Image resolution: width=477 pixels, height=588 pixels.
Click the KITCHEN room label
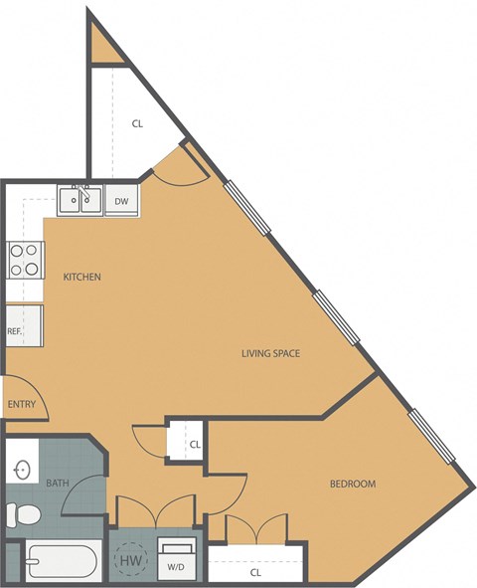(x=81, y=277)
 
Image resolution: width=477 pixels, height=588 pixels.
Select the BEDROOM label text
(x=353, y=484)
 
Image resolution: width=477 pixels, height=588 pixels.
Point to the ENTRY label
(x=22, y=405)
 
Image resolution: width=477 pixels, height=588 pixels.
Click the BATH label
(x=57, y=484)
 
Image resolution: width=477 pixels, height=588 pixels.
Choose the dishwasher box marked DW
(x=121, y=201)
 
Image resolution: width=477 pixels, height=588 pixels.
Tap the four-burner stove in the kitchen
(x=24, y=261)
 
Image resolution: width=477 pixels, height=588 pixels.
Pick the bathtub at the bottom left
(x=60, y=563)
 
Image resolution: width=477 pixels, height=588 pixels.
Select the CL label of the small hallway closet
(x=195, y=444)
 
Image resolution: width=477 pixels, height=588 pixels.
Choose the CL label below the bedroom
(x=255, y=572)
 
